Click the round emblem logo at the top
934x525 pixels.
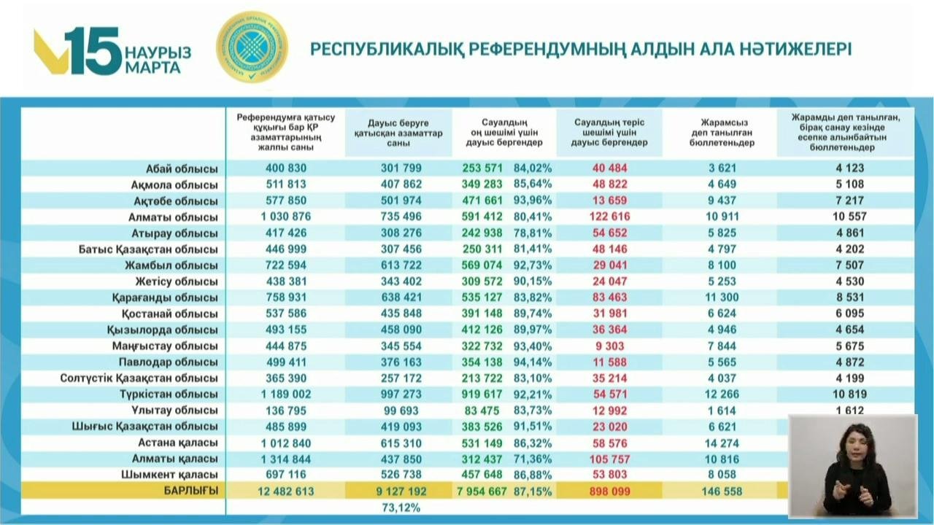point(252,47)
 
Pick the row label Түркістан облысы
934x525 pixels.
point(169,394)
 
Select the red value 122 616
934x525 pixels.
point(606,217)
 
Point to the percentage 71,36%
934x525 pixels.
point(533,459)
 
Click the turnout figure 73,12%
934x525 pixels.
point(401,507)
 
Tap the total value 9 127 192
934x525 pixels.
point(401,491)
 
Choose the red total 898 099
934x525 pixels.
point(609,491)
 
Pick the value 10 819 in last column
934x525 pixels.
point(849,394)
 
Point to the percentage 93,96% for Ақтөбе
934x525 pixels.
point(533,201)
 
